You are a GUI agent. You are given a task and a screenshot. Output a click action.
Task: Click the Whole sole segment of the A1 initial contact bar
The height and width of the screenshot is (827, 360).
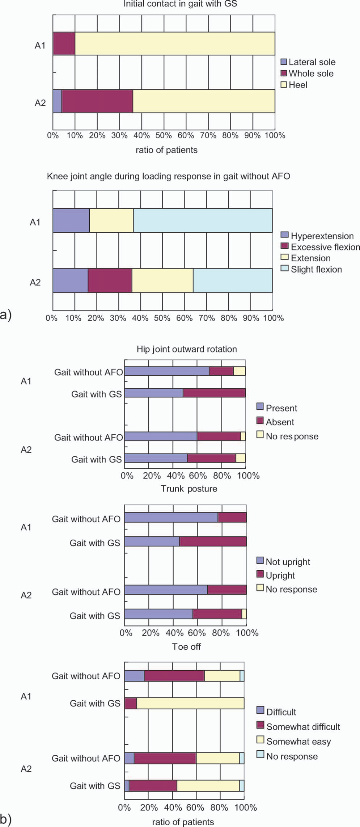pyautogui.click(x=64, y=43)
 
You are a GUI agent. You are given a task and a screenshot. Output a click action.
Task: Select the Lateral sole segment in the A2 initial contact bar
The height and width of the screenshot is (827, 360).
pyautogui.click(x=58, y=101)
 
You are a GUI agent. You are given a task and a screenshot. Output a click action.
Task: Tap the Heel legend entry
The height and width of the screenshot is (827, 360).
pyautogui.click(x=294, y=85)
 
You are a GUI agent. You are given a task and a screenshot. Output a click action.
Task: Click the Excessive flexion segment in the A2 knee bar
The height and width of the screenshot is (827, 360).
pyautogui.click(x=110, y=280)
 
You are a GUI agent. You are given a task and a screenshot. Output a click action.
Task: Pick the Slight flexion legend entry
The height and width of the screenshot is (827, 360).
pyautogui.click(x=312, y=269)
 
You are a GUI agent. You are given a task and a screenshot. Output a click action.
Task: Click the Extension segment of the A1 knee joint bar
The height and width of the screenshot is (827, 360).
pyautogui.click(x=111, y=220)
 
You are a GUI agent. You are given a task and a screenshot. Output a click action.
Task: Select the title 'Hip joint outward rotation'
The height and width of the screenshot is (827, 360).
pyautogui.click(x=187, y=349)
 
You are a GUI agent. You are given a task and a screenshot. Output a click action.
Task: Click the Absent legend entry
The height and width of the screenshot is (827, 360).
pyautogui.click(x=275, y=422)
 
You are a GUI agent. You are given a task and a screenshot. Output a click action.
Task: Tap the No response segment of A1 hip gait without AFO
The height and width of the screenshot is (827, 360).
pyautogui.click(x=240, y=371)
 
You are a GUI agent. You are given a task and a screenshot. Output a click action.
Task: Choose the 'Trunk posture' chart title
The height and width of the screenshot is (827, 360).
pyautogui.click(x=189, y=489)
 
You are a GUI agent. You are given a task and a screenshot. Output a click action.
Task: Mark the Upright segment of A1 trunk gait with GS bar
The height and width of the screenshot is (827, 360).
pyautogui.click(x=213, y=541)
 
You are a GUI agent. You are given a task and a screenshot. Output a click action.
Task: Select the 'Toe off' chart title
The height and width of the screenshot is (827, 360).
pyautogui.click(x=186, y=647)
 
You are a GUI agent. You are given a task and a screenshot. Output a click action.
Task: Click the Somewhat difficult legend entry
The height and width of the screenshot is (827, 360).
pyautogui.click(x=298, y=727)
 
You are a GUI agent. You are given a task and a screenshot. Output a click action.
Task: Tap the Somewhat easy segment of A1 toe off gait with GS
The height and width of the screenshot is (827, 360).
pyautogui.click(x=190, y=704)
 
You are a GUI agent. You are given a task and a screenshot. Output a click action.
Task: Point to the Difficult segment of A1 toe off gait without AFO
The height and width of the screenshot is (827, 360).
pyautogui.click(x=134, y=676)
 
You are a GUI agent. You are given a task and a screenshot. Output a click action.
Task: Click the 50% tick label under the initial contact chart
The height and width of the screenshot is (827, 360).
pyautogui.click(x=164, y=136)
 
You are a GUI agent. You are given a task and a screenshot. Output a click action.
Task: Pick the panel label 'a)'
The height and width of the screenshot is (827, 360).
pyautogui.click(x=6, y=315)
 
